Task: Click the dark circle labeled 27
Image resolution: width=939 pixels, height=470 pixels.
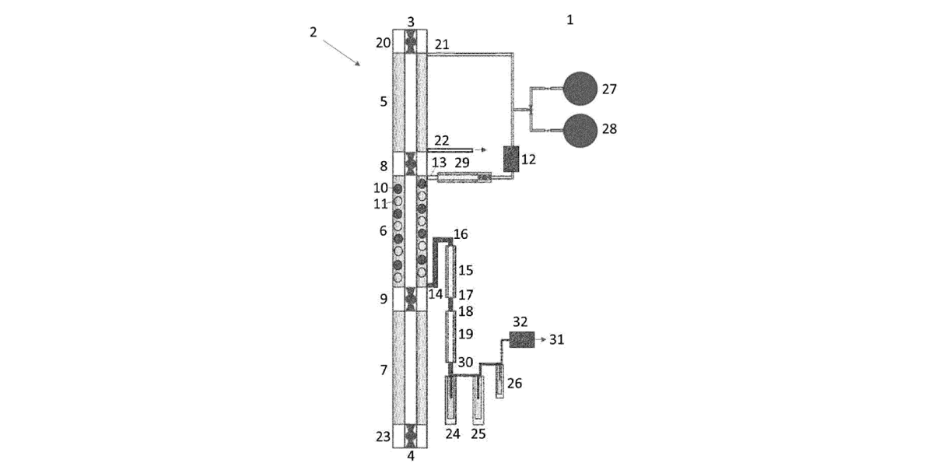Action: [580, 89]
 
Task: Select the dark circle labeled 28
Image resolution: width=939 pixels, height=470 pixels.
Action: [580, 131]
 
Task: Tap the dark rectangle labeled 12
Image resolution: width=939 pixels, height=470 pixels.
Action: [511, 159]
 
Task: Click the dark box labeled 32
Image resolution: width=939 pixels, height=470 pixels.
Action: [522, 339]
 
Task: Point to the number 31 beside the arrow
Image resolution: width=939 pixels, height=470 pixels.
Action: [557, 339]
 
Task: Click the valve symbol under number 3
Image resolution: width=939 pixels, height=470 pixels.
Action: [411, 41]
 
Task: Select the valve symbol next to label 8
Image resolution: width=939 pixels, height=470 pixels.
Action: [411, 163]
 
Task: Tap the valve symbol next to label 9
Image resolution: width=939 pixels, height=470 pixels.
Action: [411, 299]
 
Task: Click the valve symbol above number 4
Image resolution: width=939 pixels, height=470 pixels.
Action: [411, 436]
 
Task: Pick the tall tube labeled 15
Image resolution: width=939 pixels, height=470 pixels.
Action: [450, 272]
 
